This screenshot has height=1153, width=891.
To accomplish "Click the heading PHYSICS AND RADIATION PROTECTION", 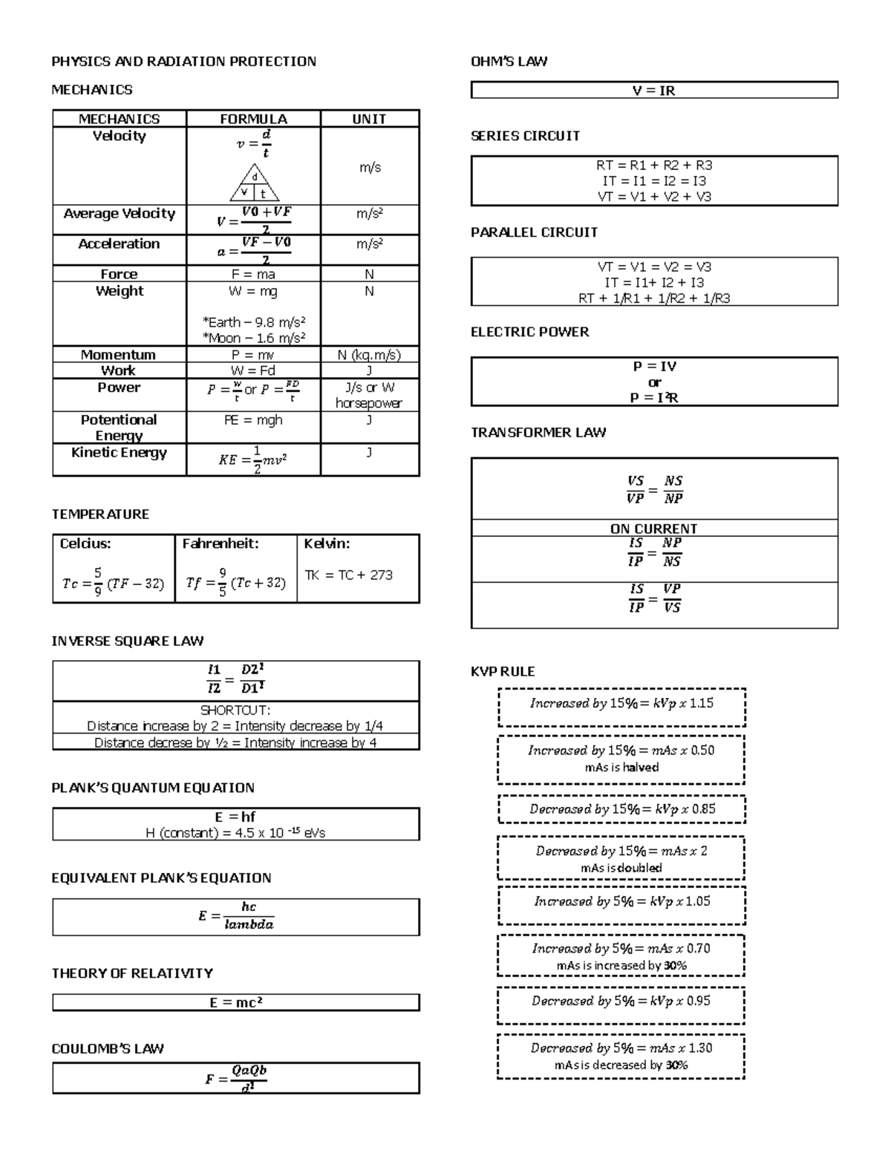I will [x=183, y=62].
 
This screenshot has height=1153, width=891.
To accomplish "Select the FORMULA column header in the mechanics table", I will [x=253, y=119].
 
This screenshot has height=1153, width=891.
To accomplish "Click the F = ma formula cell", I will [x=253, y=274].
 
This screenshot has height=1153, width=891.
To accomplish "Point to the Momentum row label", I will [x=119, y=355].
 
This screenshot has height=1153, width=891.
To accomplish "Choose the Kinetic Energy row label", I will [x=119, y=453].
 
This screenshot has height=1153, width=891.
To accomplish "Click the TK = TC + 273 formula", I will [x=349, y=575].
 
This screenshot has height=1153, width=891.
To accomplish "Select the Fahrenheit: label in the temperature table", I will [x=221, y=544].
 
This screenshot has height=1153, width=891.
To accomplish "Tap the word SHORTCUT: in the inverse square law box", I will [x=235, y=711].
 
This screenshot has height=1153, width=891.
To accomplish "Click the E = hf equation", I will [x=235, y=817].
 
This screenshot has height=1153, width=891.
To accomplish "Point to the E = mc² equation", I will [x=236, y=1003].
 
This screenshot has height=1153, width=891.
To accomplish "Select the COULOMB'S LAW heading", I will [x=108, y=1049].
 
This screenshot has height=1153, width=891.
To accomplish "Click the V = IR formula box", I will [x=654, y=91].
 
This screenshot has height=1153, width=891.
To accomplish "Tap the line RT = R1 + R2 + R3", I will [x=654, y=166].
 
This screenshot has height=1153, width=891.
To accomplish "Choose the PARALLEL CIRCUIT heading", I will [x=534, y=232].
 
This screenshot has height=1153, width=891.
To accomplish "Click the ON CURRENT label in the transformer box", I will [x=653, y=529].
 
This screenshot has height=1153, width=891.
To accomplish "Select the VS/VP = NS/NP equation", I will [x=654, y=490].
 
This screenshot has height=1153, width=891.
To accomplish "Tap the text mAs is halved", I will [x=621, y=768].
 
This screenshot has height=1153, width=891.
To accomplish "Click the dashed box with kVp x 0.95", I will [x=621, y=1002].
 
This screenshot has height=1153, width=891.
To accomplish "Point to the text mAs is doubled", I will [x=621, y=868].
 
